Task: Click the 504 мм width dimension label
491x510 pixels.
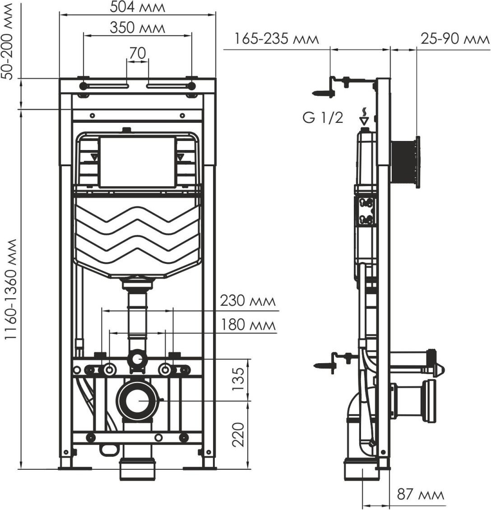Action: pos(137,7)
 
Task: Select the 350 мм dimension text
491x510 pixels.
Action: pos(137,28)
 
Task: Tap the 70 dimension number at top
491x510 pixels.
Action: pos(138,53)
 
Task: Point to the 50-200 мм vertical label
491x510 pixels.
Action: pos(7,42)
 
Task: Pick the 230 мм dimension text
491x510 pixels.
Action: pos(248,301)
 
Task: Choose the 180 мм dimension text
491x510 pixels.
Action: pos(248,325)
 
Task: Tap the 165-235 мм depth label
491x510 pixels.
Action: pos(277,39)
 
